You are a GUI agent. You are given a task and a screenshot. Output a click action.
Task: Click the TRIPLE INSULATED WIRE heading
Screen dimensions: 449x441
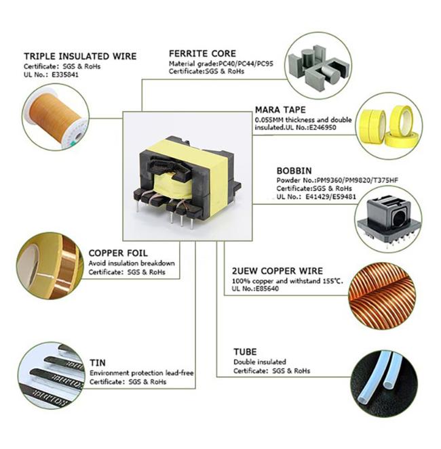click(80, 56)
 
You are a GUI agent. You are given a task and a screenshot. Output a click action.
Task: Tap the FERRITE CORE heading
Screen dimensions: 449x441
click(202, 53)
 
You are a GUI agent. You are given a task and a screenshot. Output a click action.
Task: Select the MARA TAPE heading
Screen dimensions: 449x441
click(280, 109)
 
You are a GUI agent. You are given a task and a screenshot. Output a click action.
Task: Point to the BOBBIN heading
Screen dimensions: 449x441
click(294, 171)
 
